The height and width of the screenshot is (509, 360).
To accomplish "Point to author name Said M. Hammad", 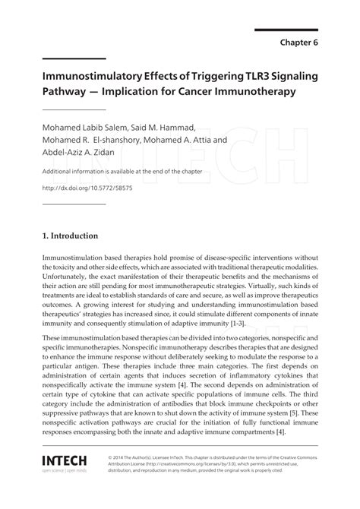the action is point(174,126).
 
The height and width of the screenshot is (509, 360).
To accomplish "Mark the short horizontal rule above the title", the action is point(74,58).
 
